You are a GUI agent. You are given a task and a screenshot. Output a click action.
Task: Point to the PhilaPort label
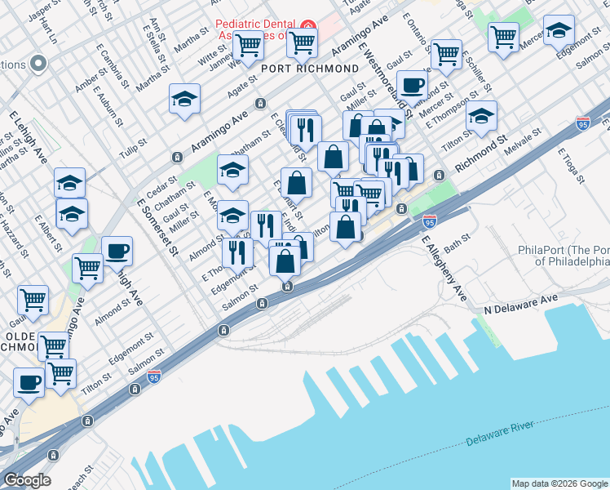click(x=564, y=256)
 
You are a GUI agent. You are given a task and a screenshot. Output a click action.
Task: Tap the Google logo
click(x=27, y=480)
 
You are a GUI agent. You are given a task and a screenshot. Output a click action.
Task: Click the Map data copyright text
click(x=559, y=483)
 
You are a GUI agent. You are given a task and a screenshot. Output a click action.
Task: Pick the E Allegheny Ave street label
click(x=444, y=268)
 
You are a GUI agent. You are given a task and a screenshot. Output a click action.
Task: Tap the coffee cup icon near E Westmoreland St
click(x=413, y=84)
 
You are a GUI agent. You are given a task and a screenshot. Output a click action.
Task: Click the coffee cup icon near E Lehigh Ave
click(x=117, y=250)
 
